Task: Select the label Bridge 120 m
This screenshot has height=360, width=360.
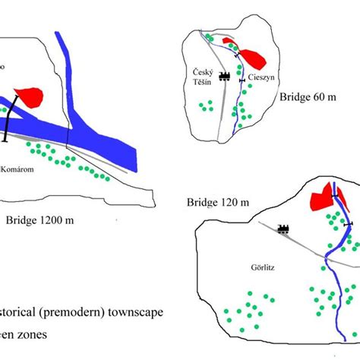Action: (218, 202)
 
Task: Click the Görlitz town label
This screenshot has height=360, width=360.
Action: (263, 268)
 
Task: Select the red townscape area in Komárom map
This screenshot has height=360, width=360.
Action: (27, 96)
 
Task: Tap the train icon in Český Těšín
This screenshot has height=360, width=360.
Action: (225, 75)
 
